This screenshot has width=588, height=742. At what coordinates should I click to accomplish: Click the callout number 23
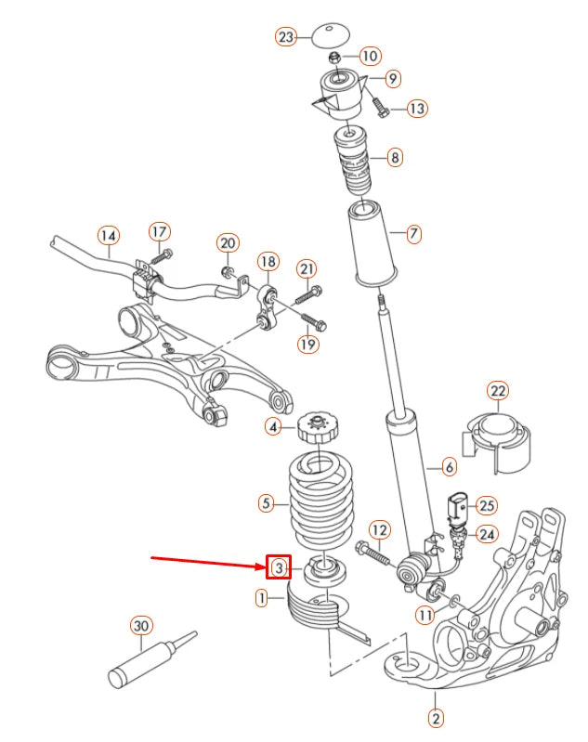point(286,37)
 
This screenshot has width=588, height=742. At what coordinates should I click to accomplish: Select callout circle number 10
point(369,56)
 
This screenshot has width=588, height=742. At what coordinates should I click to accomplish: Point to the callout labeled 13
point(417,109)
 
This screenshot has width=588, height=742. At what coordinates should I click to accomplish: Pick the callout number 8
point(395,157)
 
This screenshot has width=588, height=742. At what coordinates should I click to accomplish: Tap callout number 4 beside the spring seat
point(272,427)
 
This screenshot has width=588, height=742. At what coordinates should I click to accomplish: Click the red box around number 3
point(278,566)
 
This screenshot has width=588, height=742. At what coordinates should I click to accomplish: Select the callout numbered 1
point(263,598)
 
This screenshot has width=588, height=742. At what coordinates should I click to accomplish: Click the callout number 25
point(487,505)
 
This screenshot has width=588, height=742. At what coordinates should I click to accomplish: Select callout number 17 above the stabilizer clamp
point(159,230)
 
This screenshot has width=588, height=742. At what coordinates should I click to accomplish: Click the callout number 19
point(307,344)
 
